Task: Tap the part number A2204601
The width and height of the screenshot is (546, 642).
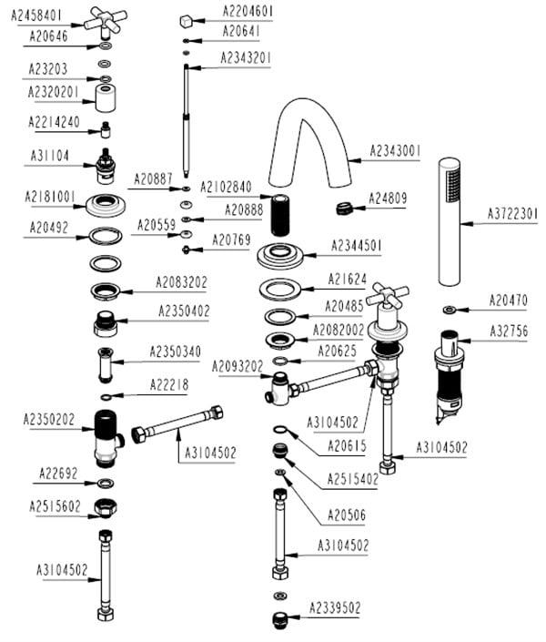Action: (248, 11)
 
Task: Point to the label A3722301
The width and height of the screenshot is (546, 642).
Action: (513, 213)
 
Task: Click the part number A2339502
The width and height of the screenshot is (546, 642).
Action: (335, 607)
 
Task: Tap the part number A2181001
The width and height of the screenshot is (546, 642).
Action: (49, 197)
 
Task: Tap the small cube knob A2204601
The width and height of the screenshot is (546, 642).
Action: (186, 19)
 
